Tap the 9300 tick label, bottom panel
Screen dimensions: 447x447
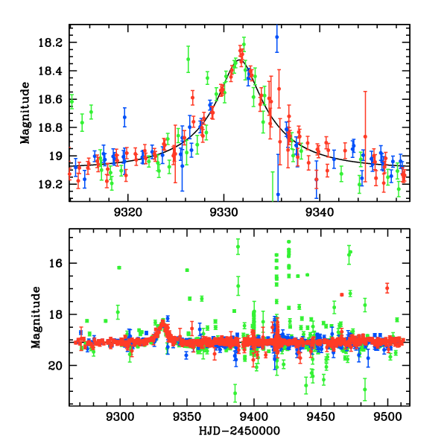pyautogui.click(x=120, y=416)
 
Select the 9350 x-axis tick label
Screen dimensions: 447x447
pyautogui.click(x=187, y=416)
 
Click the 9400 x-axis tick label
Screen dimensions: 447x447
pyautogui.click(x=254, y=416)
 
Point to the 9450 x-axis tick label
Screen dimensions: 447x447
pyautogui.click(x=320, y=416)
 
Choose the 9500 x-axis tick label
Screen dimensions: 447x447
pyautogui.click(x=387, y=416)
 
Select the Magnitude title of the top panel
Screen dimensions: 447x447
pyautogui.click(x=25, y=112)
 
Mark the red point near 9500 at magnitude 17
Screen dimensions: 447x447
pyautogui.click(x=387, y=288)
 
